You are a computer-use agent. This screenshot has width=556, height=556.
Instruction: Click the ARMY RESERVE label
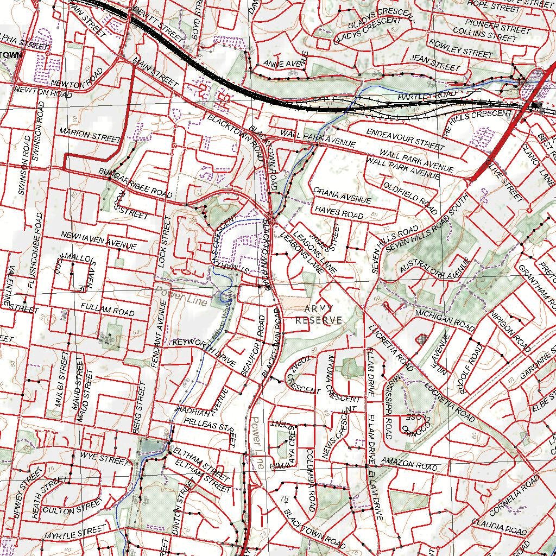[x=319, y=314]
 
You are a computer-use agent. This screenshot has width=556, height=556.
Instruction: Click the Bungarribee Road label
[x=135, y=182]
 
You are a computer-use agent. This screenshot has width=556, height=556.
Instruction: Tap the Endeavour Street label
[x=405, y=139]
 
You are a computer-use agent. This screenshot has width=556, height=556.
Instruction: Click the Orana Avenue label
[x=342, y=195]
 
